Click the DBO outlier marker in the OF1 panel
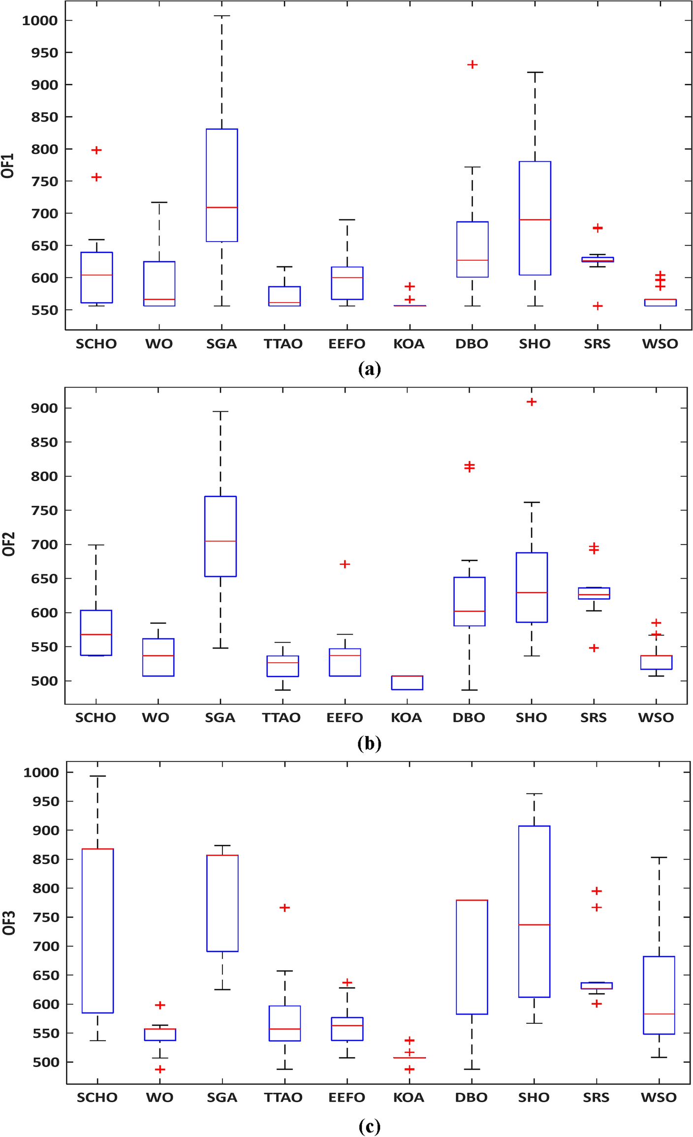tap(472, 64)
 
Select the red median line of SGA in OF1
tap(221, 207)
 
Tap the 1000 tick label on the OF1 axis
tap(40, 20)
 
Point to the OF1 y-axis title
tap(8, 165)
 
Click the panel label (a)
tap(369, 368)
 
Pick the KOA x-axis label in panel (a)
tap(409, 344)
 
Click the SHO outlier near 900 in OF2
tap(532, 402)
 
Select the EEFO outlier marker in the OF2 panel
tap(345, 564)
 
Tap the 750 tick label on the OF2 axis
tap(44, 510)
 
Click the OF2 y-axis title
tap(9, 544)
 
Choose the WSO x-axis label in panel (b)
tap(656, 718)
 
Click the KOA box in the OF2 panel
tap(407, 683)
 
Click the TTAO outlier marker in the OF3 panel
tap(284, 908)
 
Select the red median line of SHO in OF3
tap(534, 925)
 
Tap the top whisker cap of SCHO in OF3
tap(97, 776)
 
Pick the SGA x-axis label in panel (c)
tap(221, 1098)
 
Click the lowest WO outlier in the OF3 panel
tap(159, 1070)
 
